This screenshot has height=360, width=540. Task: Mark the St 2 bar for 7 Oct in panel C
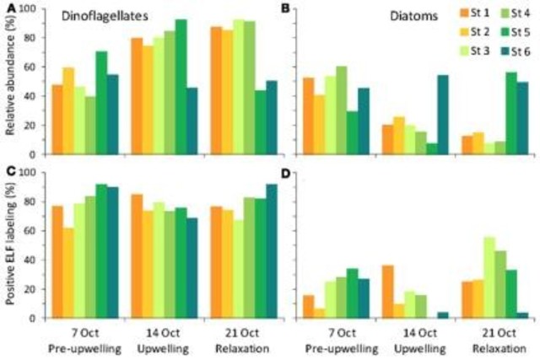(68, 272)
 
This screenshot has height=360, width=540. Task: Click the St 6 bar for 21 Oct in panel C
(271, 250)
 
